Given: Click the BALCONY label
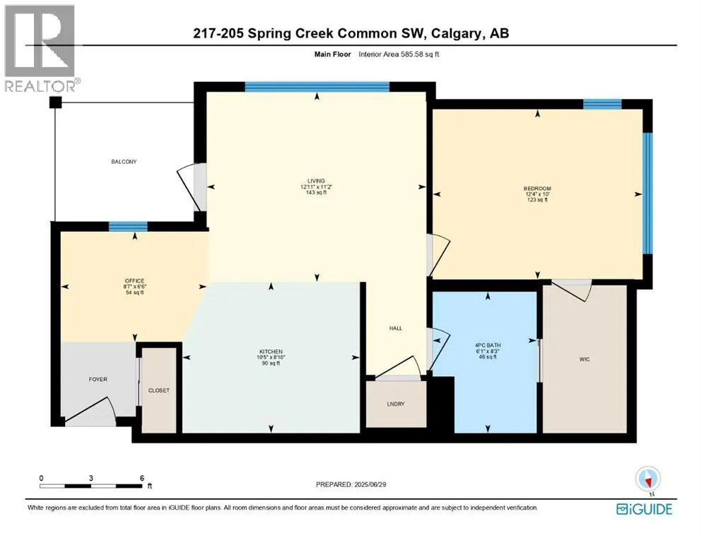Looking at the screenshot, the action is pyautogui.click(x=124, y=162).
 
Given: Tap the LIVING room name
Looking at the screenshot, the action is pyautogui.click(x=316, y=181).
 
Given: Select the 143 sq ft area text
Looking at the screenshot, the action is pyautogui.click(x=316, y=192).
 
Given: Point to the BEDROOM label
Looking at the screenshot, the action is pyautogui.click(x=537, y=189).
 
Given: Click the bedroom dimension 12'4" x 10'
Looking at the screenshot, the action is pyautogui.click(x=537, y=194).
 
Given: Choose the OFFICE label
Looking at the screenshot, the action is pyautogui.click(x=135, y=281).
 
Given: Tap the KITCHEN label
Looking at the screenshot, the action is pyautogui.click(x=271, y=352).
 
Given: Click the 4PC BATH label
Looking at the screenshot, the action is pyautogui.click(x=488, y=346).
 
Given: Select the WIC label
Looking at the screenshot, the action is pyautogui.click(x=584, y=359).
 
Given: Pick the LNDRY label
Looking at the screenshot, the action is pyautogui.click(x=396, y=404).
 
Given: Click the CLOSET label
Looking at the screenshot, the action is pyautogui.click(x=159, y=390).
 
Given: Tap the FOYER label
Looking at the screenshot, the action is pyautogui.click(x=98, y=379).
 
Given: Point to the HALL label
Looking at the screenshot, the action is pyautogui.click(x=396, y=328).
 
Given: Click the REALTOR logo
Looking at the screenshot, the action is pyautogui.click(x=40, y=48).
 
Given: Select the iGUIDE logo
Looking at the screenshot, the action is pyautogui.click(x=644, y=509).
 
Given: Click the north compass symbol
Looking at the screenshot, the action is pyautogui.click(x=648, y=480).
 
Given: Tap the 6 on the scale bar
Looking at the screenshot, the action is pyautogui.click(x=142, y=478).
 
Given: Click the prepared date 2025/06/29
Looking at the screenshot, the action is pyautogui.click(x=370, y=484).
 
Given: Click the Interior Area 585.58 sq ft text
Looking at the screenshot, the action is pyautogui.click(x=399, y=54).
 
